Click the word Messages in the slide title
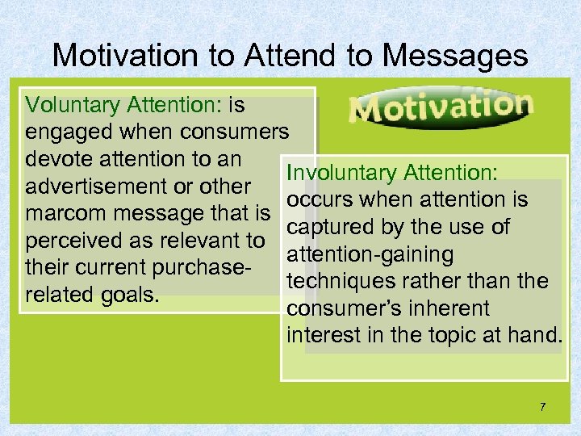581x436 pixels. coord(455,55)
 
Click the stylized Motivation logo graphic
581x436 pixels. coord(441,107)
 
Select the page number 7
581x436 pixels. coord(542,407)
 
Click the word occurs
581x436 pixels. coord(317,200)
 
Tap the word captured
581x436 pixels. coord(327,227)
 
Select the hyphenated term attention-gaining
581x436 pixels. coord(370,254)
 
